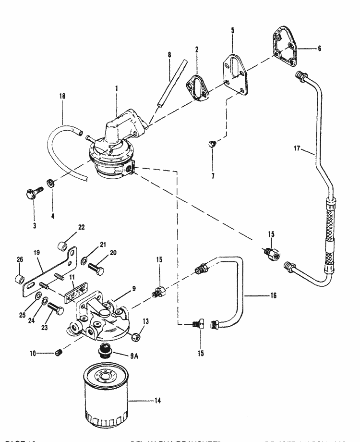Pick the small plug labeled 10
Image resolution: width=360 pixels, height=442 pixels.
click(60, 354)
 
